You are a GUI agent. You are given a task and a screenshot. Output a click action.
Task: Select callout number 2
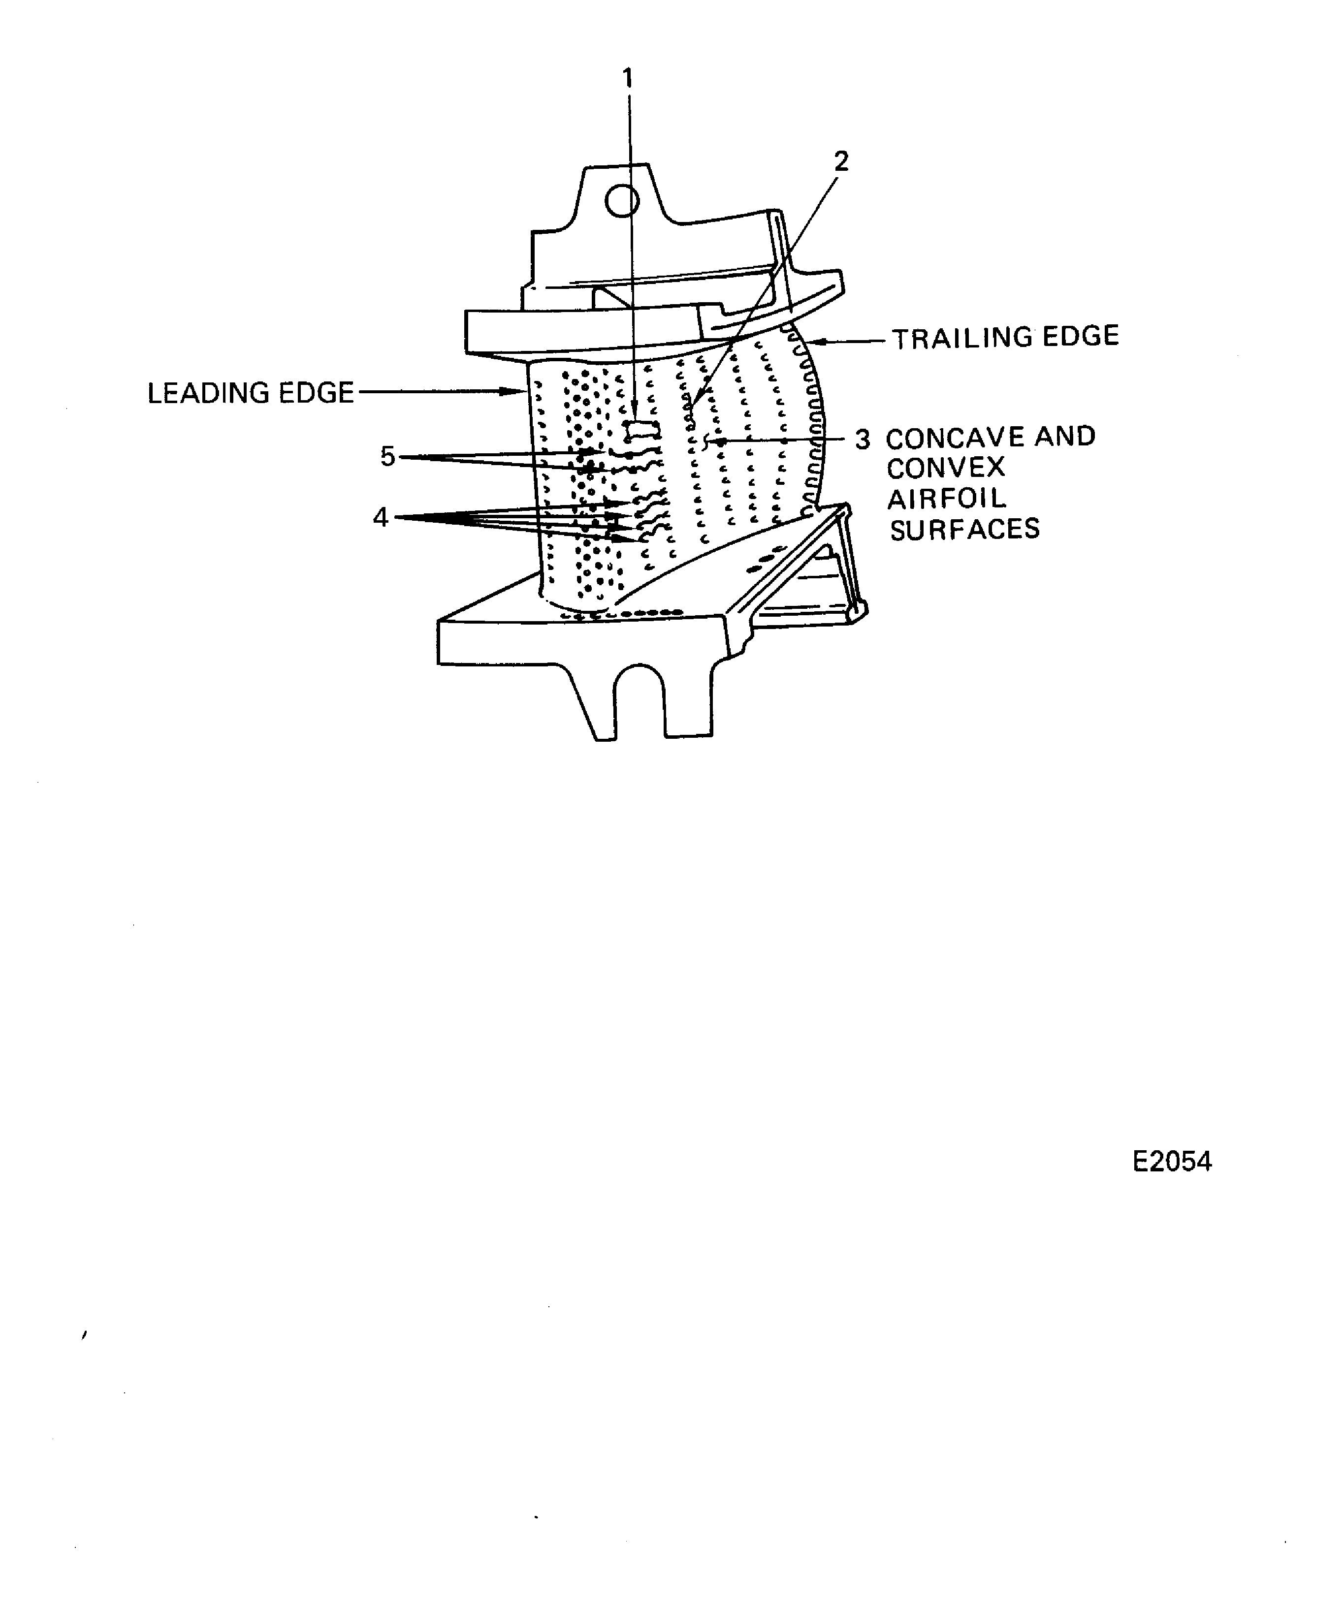(841, 161)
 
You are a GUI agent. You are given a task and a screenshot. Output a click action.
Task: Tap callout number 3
(862, 440)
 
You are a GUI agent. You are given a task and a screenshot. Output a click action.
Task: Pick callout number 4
(380, 518)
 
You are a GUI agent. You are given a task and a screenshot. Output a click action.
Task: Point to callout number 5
(388, 457)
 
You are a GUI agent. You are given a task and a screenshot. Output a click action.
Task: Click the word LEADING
(208, 393)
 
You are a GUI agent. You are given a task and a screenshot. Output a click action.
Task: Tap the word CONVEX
(945, 467)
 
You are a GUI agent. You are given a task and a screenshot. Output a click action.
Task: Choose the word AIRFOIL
(946, 499)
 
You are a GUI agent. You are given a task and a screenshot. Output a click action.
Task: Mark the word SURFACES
(964, 529)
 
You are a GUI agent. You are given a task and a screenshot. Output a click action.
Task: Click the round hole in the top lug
(622, 201)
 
